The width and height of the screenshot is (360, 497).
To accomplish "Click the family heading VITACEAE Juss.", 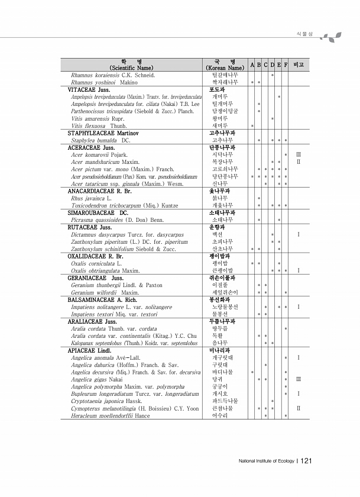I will pos(89,89).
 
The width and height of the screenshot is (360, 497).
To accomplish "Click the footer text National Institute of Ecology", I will pos(265,461).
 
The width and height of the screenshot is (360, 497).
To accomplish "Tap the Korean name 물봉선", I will pos(220,314).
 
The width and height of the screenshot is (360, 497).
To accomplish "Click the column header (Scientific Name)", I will pos(131,68).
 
